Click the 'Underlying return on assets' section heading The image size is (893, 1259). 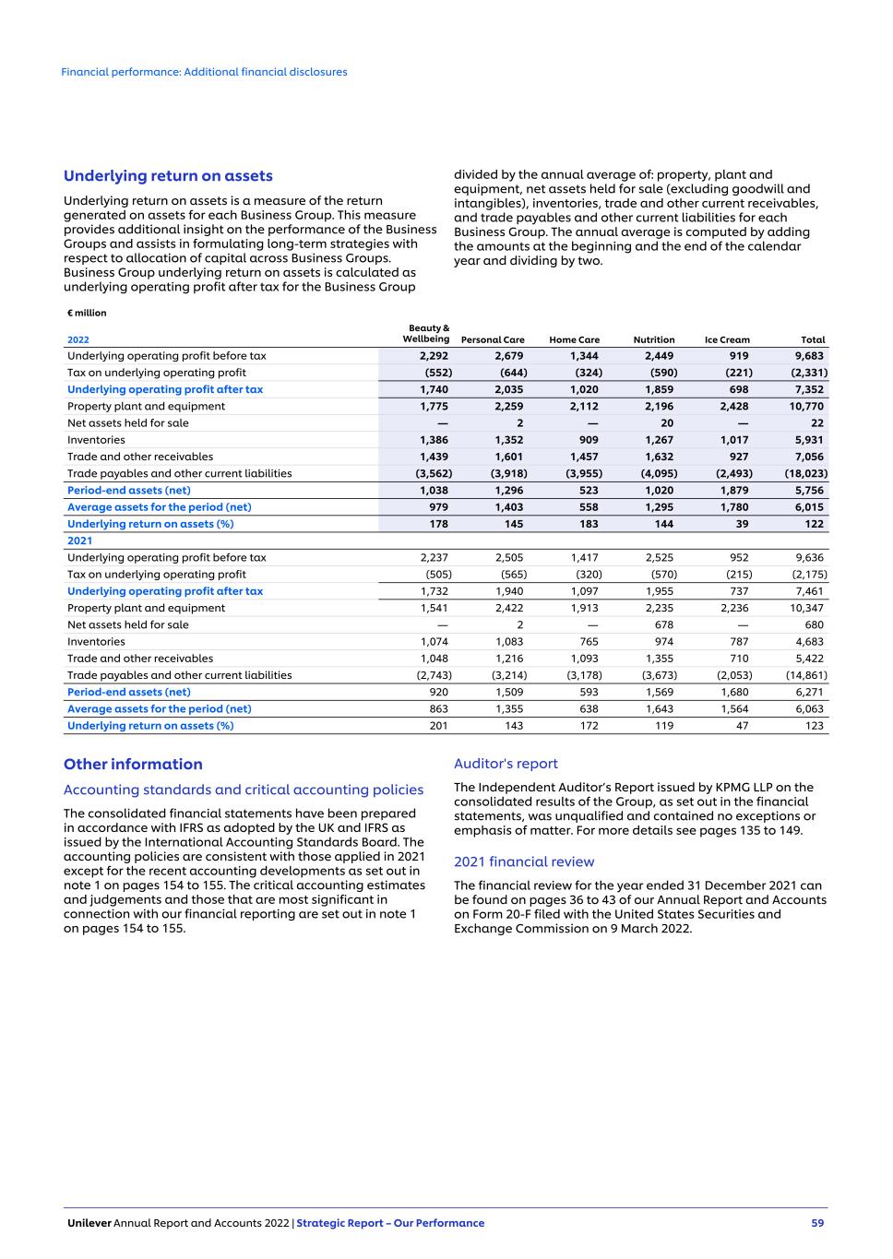168,176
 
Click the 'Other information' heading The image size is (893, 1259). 133,764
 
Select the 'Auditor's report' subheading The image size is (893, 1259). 506,764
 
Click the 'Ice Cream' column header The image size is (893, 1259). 727,339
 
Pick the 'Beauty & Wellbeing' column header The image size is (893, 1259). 426,333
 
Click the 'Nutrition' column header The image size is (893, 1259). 654,339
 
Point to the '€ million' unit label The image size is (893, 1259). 87,313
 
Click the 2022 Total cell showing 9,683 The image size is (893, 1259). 809,356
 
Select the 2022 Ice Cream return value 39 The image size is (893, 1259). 743,524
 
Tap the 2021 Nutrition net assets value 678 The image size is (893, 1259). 663,624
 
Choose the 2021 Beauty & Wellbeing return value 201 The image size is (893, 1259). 438,726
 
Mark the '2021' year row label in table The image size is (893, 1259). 79,540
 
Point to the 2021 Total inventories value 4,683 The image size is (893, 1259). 809,642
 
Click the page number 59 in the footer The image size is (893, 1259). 817,1223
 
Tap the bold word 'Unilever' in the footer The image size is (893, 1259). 89,1223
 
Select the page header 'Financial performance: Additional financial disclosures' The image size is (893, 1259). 204,72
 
